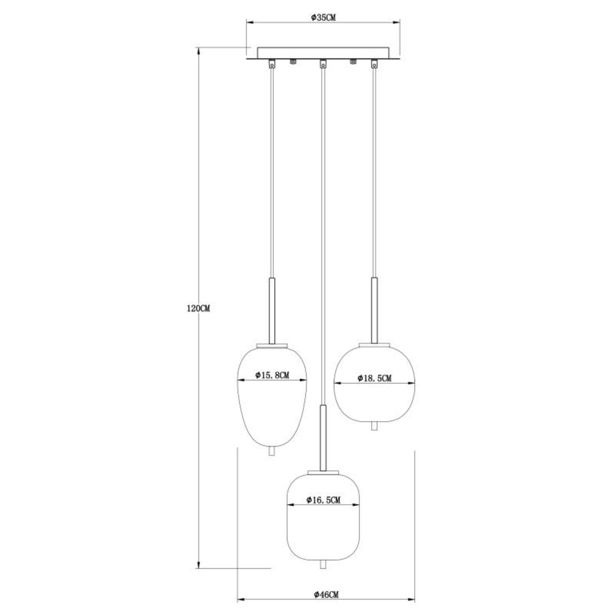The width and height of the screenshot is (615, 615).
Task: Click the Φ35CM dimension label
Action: [323, 17]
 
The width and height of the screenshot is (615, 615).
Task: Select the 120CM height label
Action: [198, 309]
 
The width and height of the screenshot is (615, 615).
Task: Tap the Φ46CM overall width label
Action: [326, 595]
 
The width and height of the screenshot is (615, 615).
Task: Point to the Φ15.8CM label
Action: [272, 375]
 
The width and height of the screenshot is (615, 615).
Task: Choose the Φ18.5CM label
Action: [374, 378]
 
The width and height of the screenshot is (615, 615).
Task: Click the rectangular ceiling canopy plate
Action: [323, 53]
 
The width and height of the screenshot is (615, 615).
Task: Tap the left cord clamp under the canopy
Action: [272, 64]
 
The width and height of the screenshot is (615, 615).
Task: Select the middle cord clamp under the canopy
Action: [323, 64]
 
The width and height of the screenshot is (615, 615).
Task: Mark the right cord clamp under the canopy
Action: [374, 64]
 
